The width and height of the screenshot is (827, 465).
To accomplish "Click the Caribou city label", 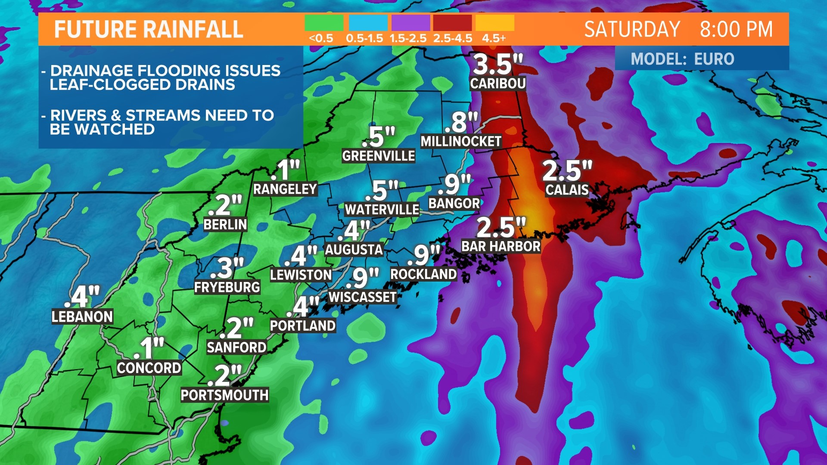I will tap(497, 83).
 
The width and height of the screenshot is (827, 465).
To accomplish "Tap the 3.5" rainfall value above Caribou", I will tap(497, 65).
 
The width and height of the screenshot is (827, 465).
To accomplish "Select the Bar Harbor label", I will tap(501, 246).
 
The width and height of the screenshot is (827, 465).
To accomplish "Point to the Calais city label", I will tap(567, 189).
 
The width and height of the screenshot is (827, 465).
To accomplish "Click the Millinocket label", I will tap(460, 141).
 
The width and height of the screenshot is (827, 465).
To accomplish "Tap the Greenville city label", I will tap(378, 155).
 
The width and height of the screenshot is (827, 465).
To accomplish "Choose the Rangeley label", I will tap(285, 189).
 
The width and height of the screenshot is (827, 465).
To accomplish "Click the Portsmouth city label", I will tap(224, 395).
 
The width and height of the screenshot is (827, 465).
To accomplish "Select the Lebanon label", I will tap(82, 316).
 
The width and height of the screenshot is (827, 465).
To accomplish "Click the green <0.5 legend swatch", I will tap(324, 23).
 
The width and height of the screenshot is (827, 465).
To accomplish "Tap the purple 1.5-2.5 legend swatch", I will tap(410, 23).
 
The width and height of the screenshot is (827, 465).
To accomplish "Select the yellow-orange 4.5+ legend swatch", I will tap(495, 23).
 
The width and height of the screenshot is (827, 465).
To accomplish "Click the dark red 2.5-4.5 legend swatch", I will tap(452, 23).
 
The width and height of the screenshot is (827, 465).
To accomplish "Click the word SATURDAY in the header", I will tap(632, 30).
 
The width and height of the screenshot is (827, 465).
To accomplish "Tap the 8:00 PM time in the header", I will tap(736, 30).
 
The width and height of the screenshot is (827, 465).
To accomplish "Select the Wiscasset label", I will tap(362, 297).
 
